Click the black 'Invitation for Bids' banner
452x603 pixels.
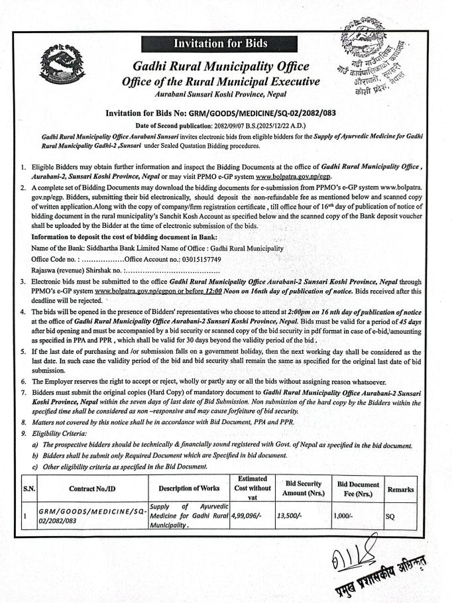221,44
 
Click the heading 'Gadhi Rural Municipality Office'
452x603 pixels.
220,66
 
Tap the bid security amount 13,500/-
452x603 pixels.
287,514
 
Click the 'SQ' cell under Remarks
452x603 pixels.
389,515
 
